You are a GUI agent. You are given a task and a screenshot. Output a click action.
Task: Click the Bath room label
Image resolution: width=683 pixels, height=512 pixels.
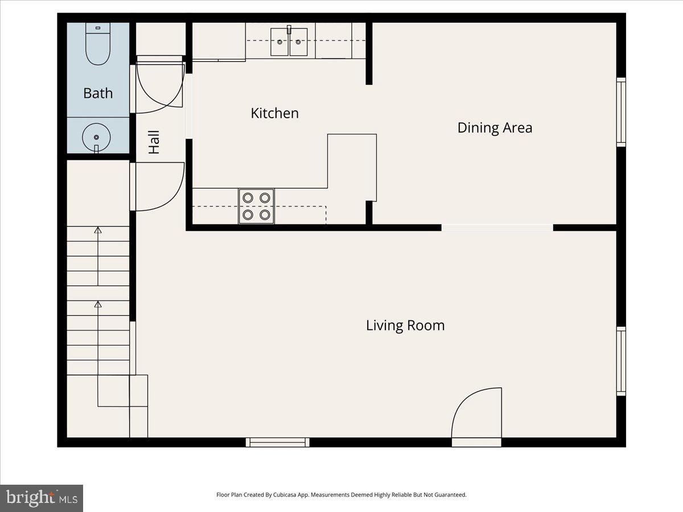[x=98, y=93]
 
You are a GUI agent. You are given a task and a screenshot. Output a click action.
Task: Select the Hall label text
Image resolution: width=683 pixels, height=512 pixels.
[x=154, y=142]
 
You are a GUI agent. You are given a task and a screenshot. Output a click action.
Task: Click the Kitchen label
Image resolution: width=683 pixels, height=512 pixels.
[x=274, y=113]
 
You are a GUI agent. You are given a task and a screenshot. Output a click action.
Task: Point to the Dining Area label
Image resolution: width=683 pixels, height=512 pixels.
[x=495, y=127]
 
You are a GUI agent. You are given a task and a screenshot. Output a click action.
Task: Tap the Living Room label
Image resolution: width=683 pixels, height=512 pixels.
[x=405, y=325]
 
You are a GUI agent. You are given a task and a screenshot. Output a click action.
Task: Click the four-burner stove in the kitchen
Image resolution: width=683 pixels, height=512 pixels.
[x=256, y=206]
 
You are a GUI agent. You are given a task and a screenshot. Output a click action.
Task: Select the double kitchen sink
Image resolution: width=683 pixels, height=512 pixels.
[x=289, y=42]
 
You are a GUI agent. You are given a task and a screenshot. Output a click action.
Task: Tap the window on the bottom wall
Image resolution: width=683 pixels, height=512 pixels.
[x=278, y=442]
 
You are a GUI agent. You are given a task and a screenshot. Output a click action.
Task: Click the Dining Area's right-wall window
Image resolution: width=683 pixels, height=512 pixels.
[x=622, y=112]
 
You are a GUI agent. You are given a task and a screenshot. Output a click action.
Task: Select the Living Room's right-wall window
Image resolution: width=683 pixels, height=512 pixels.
[x=622, y=361]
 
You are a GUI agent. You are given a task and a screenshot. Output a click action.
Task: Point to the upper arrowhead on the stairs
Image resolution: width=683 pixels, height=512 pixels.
[x=98, y=230]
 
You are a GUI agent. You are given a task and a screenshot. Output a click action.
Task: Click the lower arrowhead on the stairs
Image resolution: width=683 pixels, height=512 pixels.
[x=98, y=304]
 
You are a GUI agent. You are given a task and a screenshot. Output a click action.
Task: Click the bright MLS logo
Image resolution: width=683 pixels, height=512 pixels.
[x=42, y=498]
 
